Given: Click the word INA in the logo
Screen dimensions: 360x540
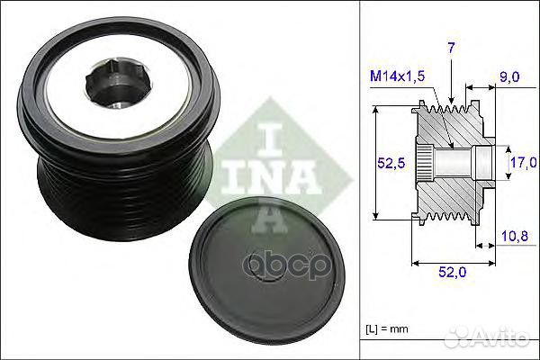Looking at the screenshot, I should [x=279, y=170].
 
